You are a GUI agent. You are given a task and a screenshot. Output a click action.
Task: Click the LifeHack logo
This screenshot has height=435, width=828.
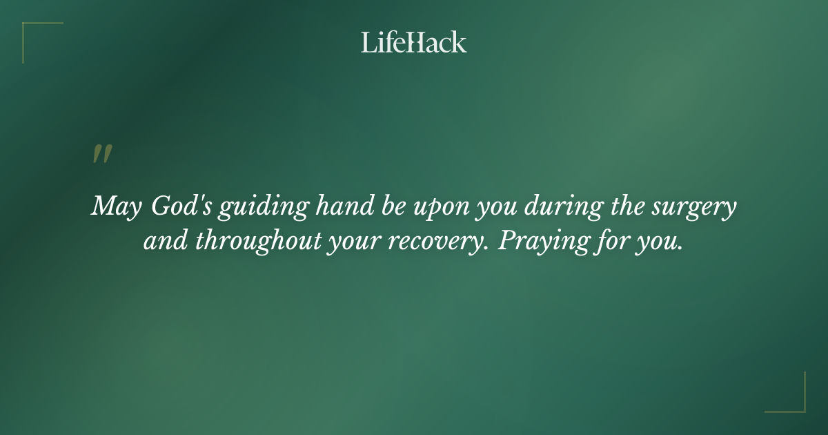[414, 42]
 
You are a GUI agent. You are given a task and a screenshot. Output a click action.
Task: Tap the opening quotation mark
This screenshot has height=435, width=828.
[101, 154]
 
